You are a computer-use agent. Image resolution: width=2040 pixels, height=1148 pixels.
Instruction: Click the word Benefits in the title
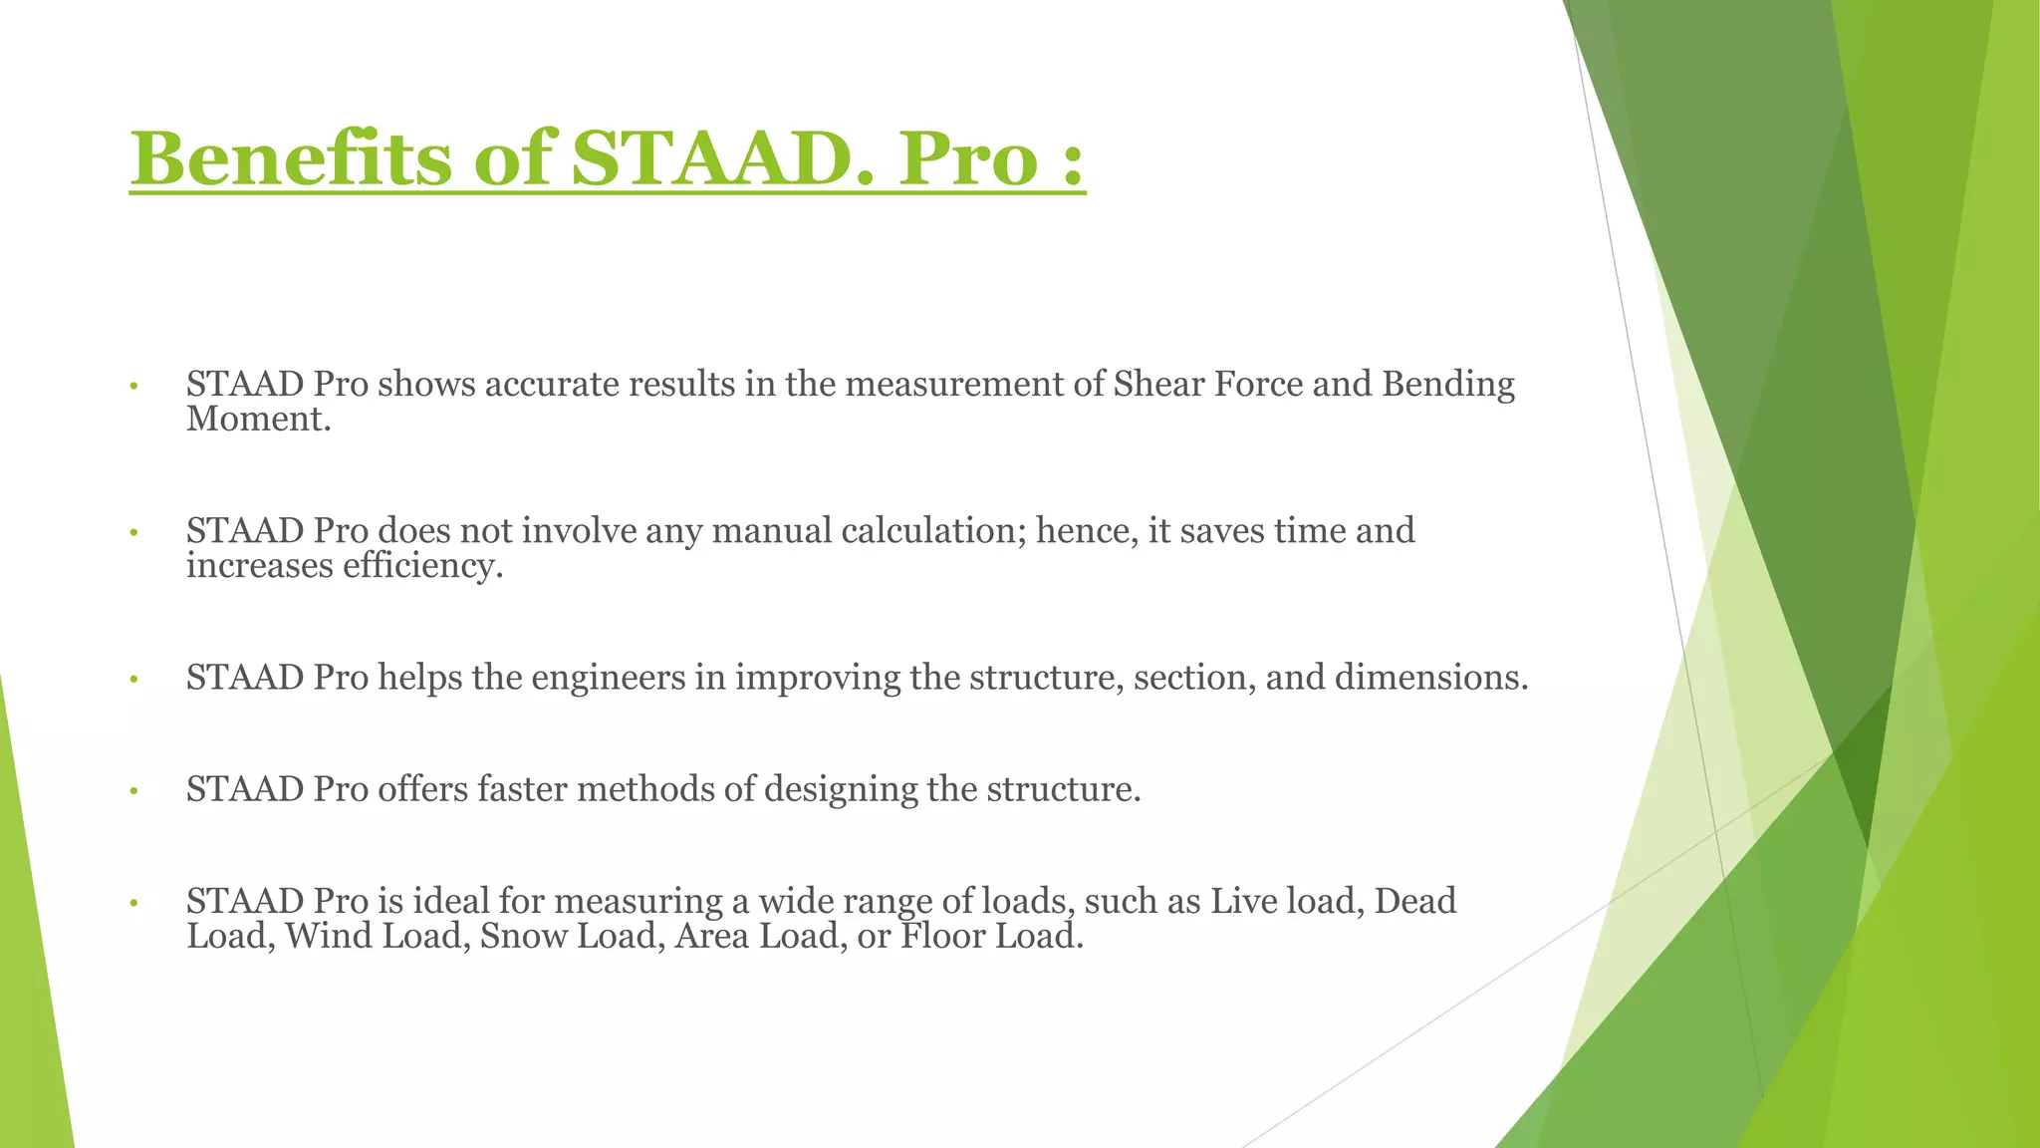pyautogui.click(x=291, y=159)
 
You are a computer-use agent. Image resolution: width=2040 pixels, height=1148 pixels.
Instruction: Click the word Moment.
pyautogui.click(x=257, y=419)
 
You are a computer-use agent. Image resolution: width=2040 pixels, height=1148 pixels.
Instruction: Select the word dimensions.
pyautogui.click(x=1430, y=678)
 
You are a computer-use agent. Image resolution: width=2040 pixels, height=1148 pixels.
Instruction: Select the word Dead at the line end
pyautogui.click(x=1414, y=901)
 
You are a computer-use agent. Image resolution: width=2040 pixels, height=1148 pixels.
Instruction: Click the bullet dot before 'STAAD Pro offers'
pyautogui.click(x=132, y=792)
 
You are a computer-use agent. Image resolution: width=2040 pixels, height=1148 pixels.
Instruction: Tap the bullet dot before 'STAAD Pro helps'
pyautogui.click(x=132, y=681)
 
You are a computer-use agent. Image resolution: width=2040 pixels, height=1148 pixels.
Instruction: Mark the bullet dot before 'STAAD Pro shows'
pyautogui.click(x=132, y=387)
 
